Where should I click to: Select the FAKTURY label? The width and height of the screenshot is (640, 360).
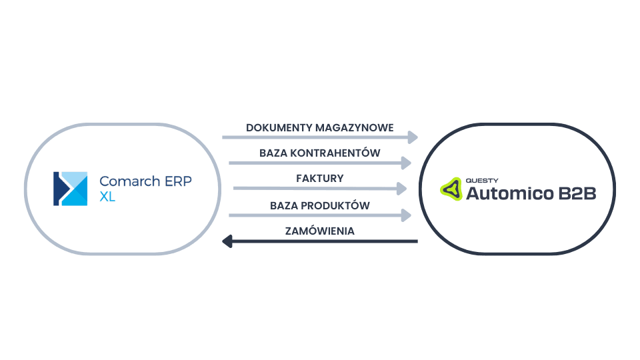click(x=320, y=179)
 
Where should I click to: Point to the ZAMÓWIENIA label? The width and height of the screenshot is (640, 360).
click(x=319, y=231)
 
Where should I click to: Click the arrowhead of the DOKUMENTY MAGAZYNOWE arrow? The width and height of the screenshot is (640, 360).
click(x=413, y=137)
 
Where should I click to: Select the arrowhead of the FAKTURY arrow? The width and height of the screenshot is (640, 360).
click(x=401, y=189)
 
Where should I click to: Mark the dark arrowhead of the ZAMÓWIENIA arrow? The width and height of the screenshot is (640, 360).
click(x=227, y=241)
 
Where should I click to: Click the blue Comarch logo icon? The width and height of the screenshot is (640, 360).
click(x=71, y=189)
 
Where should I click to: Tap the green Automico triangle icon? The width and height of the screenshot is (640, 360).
click(x=451, y=189)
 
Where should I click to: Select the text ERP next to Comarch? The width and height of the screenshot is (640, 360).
click(x=178, y=181)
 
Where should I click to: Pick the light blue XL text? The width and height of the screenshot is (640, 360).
click(x=107, y=197)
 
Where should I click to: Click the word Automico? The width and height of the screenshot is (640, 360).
click(x=509, y=194)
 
